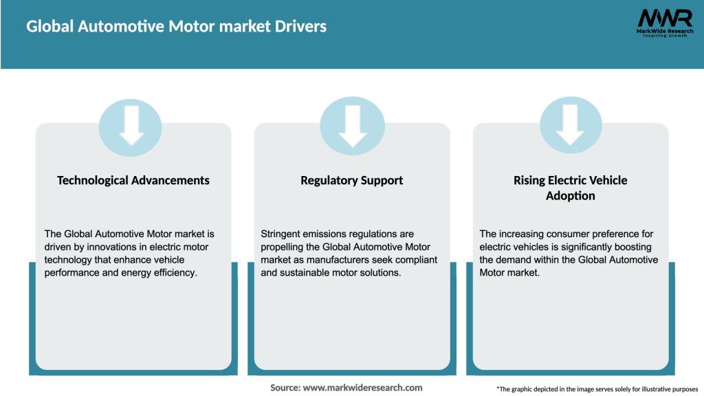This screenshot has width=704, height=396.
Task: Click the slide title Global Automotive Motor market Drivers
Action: [176, 27]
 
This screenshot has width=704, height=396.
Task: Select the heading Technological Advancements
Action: [133, 180]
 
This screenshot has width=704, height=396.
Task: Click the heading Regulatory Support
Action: [352, 180]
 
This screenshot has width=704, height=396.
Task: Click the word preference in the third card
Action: [611, 234]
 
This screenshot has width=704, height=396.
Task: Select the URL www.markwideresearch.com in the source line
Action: [362, 388]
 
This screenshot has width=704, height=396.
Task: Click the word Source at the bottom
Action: [285, 388]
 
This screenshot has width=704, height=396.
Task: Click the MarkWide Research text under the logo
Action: [665, 32]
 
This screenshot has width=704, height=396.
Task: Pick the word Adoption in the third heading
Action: [570, 196]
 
